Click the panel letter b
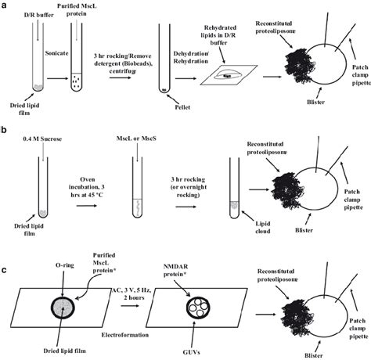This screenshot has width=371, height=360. (5, 124)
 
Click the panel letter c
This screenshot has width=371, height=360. (5, 249)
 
